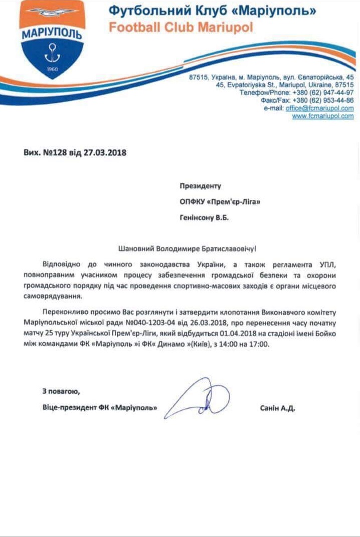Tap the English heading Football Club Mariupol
[x=181, y=28]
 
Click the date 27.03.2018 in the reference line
[x=106, y=152]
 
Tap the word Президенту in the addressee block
[x=200, y=186]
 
